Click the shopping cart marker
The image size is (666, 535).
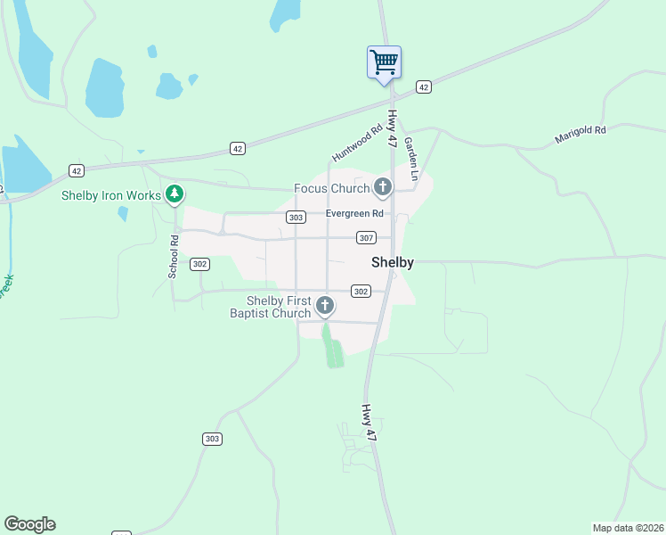384,62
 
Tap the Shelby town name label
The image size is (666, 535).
392,262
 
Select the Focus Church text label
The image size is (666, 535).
332,188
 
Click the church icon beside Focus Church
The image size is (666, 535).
383,187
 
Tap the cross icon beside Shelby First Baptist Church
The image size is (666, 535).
325,307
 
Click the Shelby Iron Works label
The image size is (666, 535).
111,195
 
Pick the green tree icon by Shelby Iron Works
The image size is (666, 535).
175,193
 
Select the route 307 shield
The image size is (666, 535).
366,238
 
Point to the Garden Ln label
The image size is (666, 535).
410,154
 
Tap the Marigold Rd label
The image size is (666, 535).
580,130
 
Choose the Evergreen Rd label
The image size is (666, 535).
354,214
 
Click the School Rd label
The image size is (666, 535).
175,255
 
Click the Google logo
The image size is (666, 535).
29,524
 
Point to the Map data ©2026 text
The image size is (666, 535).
629,528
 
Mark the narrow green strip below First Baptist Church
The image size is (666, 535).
332,347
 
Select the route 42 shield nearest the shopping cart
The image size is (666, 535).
423,86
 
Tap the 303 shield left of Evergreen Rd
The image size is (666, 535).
296,217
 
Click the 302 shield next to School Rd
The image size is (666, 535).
199,263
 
